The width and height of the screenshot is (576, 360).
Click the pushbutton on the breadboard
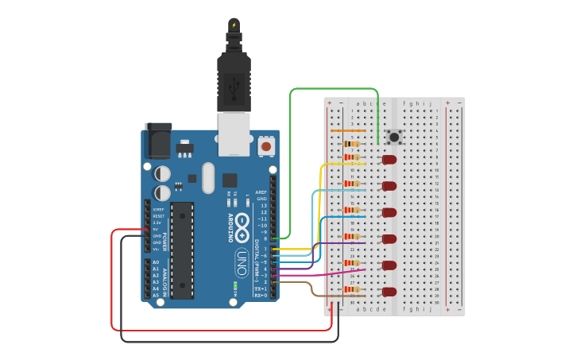pos(393,137)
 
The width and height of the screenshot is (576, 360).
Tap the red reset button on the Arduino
pos(266,146)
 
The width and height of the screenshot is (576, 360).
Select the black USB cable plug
pos(234,79)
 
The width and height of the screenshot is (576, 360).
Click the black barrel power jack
pos(157,141)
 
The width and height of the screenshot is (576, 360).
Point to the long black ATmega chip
pos(182,250)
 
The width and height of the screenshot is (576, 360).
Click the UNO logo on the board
pos(242,258)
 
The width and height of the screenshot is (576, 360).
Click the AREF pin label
pos(261,192)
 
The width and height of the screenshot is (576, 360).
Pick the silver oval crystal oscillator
pos(208,176)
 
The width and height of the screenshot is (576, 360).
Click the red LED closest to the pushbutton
pos(389,160)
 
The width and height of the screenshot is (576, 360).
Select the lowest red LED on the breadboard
pos(389,292)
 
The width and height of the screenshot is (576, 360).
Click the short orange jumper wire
pos(348,130)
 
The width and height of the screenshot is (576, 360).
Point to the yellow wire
pos(320,207)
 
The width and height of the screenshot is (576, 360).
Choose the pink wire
pos(318,274)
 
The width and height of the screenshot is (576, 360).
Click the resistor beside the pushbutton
pos(350,144)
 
